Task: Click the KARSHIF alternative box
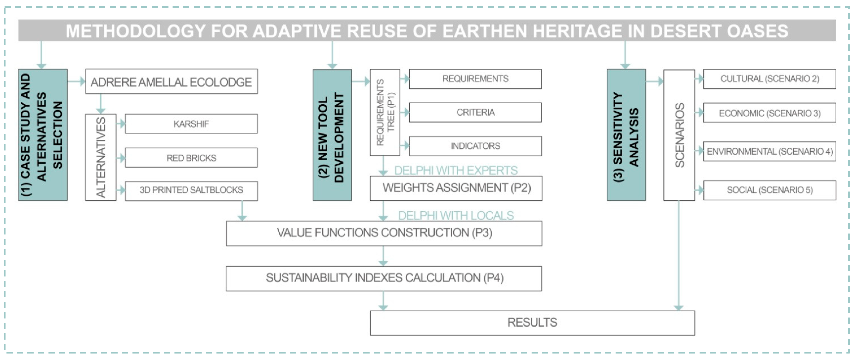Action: (191, 124)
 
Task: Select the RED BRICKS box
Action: (191, 158)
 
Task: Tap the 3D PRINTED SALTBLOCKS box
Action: (191, 190)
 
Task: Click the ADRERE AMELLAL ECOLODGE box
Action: (171, 82)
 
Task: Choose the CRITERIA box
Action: (475, 113)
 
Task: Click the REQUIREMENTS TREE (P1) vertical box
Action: (385, 113)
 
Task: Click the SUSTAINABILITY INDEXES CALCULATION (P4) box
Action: (384, 278)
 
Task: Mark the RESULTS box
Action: (532, 323)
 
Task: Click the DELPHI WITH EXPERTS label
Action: (456, 170)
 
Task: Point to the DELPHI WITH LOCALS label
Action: (456, 216)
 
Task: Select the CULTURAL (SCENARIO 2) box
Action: (769, 79)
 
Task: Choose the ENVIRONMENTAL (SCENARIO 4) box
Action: (769, 152)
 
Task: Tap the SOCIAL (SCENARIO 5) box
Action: (769, 190)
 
